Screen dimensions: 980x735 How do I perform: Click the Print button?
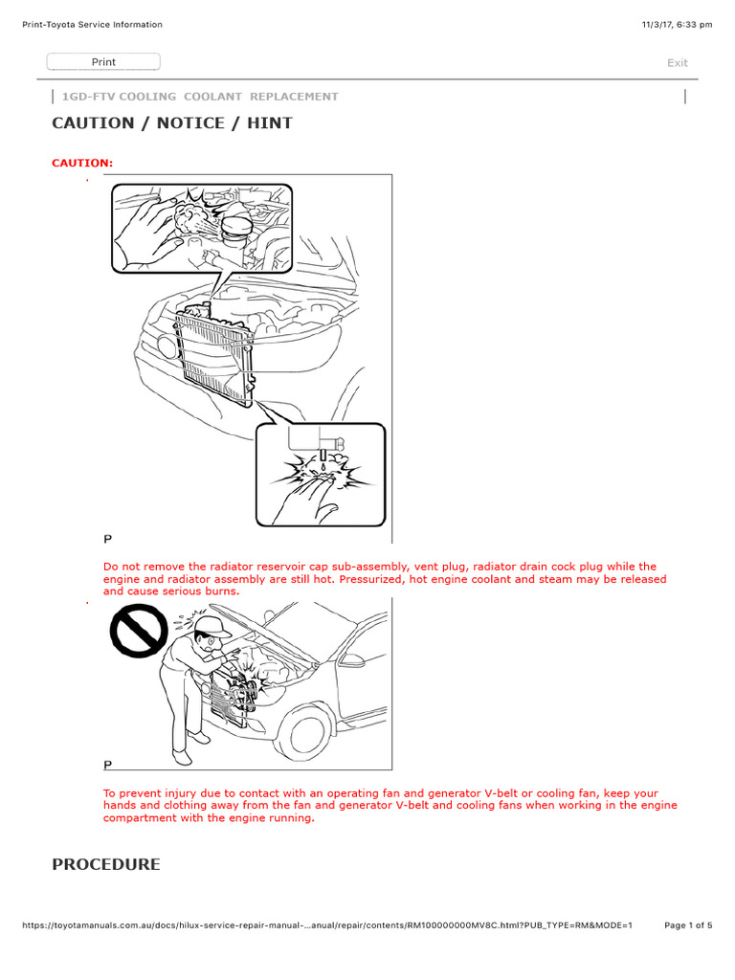103,62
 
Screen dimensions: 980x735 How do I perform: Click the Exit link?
677,63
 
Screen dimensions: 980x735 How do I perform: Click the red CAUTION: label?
82,163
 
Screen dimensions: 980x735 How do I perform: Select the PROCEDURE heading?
106,864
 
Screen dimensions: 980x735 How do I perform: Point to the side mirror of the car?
353,660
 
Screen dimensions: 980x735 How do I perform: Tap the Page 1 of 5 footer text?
688,924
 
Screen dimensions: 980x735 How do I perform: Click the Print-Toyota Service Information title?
92,25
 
